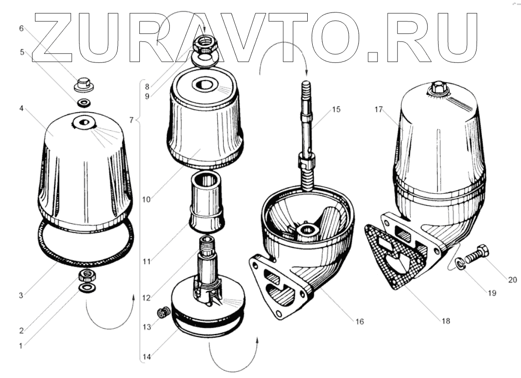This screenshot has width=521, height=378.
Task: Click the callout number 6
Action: point(21,28)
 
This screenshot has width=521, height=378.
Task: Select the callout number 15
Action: point(336,109)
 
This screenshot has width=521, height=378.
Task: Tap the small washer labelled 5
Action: point(83,103)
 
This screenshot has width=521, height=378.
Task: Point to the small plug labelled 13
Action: point(161,314)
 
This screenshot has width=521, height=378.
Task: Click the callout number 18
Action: point(445,321)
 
